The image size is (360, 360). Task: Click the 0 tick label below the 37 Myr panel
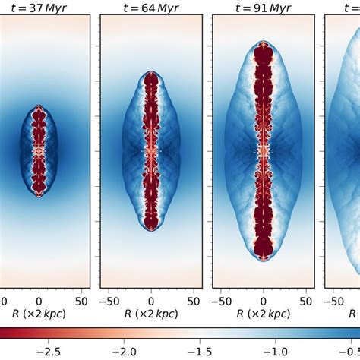(x=39, y=298)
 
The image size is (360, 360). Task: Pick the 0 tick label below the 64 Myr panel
(x=151, y=298)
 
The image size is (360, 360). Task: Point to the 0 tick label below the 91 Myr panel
(x=264, y=298)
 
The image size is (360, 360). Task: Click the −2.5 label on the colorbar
(x=45, y=351)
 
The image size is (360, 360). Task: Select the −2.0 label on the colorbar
(x=123, y=351)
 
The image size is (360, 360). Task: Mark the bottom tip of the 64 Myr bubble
(x=151, y=231)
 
